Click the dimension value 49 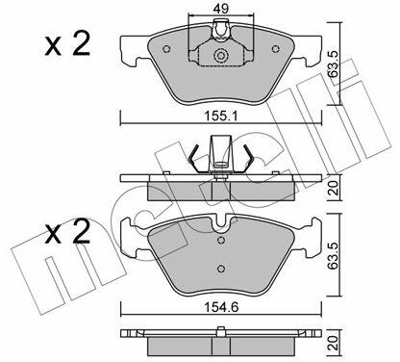[221, 8]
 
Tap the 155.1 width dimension [221, 116]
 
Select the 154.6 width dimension [221, 307]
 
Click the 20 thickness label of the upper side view [335, 189]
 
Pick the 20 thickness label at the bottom [335, 343]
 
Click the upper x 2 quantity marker [67, 45]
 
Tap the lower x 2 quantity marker [67, 232]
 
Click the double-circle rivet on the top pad [220, 56]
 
